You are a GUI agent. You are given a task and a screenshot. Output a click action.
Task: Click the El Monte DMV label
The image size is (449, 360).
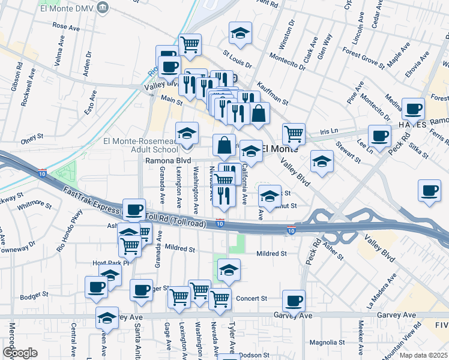coord(67,8)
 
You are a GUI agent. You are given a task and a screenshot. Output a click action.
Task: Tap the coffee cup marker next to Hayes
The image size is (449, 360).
coord(412,110)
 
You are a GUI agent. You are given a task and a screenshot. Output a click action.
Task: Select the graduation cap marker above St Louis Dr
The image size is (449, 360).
coord(241,34)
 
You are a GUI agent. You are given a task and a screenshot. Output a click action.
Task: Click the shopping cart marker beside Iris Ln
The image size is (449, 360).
coord(294,134)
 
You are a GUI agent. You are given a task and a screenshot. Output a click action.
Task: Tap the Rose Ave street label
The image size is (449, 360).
coord(67,26)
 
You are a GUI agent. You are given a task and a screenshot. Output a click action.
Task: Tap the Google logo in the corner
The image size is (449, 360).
coord(20,353)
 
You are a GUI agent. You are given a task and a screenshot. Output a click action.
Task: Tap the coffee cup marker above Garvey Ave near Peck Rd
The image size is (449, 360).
coord(294,301)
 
